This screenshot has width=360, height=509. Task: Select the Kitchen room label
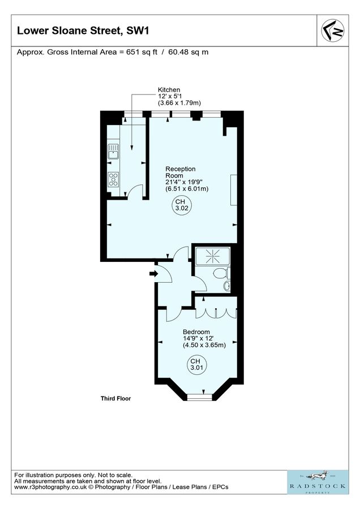[x=169, y=90]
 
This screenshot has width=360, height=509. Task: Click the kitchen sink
[x=113, y=152]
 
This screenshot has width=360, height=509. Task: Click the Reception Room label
[x=180, y=172]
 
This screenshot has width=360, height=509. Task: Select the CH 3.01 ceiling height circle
[x=195, y=365]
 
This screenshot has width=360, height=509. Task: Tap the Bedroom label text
[x=196, y=332]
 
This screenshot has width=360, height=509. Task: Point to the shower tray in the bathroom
[x=212, y=256]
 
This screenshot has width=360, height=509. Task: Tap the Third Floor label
[x=112, y=399]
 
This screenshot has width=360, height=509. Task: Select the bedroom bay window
[x=198, y=396]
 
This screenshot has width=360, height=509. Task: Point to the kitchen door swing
[x=135, y=193]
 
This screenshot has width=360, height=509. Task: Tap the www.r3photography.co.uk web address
[x=48, y=487]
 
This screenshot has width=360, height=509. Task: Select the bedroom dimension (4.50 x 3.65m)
[x=204, y=345]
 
